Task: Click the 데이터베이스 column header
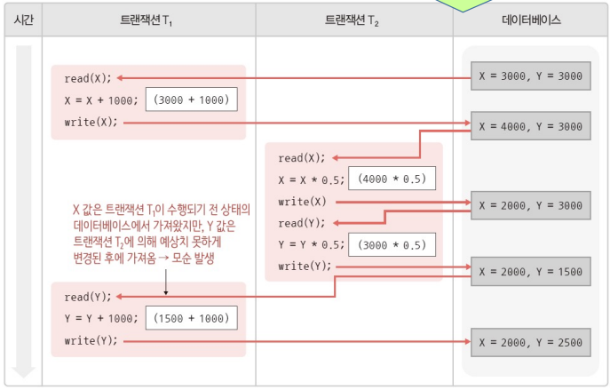531,19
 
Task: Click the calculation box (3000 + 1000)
193,99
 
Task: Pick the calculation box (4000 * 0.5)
392,179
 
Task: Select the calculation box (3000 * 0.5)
392,244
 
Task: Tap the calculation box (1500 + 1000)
193,318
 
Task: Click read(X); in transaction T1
88,78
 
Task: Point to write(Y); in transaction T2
305,266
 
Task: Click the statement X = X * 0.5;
310,179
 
